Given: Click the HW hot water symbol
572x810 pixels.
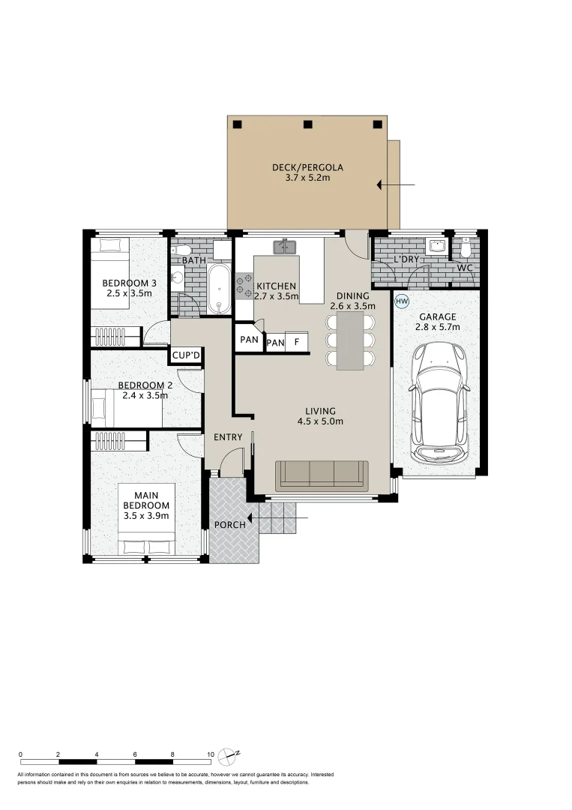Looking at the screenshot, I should tap(402, 301).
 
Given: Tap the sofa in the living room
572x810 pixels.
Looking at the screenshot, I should tap(322, 475).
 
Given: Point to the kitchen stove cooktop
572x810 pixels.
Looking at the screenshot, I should tap(244, 286).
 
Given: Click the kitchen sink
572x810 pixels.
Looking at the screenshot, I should tap(285, 246).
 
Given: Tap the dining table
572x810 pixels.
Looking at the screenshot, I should tap(350, 340).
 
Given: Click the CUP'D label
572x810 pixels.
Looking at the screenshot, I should tap(186, 355).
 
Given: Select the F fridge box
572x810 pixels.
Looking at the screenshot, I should tap(297, 343).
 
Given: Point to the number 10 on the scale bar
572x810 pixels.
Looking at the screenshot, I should tap(211, 754).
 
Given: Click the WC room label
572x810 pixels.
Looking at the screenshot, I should tap(465, 268).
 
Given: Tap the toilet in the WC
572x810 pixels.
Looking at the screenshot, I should tap(466, 247).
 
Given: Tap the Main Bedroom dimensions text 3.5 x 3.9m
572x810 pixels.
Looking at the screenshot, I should tap(146, 515).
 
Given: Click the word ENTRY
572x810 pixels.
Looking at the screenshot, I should tap(228, 437).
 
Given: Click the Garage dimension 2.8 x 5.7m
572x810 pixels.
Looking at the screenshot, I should tap(438, 327).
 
